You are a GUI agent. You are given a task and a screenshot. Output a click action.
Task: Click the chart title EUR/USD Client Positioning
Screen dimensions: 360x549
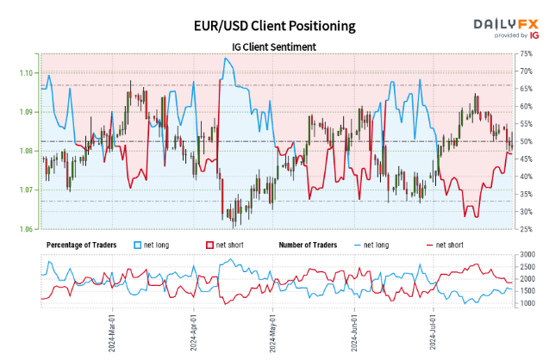pos(273,26)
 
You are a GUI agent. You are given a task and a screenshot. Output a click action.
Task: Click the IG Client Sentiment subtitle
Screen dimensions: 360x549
pos(273,46)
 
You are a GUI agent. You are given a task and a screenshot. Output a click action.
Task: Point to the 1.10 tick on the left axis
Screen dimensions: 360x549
pos(28,72)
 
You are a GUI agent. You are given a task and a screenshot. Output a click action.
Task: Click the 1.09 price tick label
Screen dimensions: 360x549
pos(28,112)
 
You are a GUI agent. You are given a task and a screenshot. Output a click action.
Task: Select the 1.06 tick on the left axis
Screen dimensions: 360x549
pos(28,229)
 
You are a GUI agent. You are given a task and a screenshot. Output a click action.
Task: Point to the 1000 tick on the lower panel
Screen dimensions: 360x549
pos(528,303)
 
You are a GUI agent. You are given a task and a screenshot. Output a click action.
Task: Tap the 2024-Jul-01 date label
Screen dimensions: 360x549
pos(435,332)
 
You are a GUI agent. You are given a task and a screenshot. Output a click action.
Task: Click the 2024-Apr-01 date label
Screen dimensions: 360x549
pos(195,332)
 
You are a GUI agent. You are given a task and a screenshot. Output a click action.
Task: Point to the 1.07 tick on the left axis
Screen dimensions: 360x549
pos(28,189)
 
